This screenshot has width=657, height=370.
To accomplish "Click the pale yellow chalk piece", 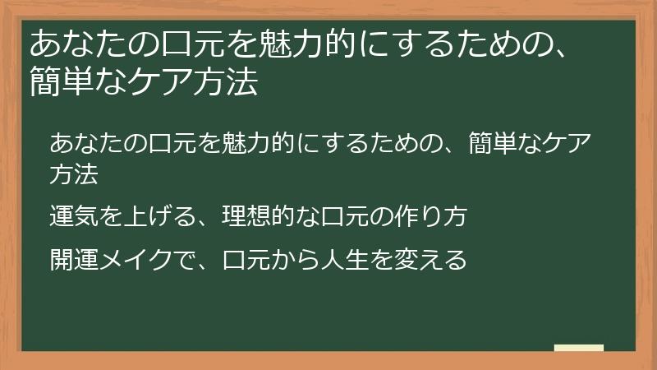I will click(x=579, y=348).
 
